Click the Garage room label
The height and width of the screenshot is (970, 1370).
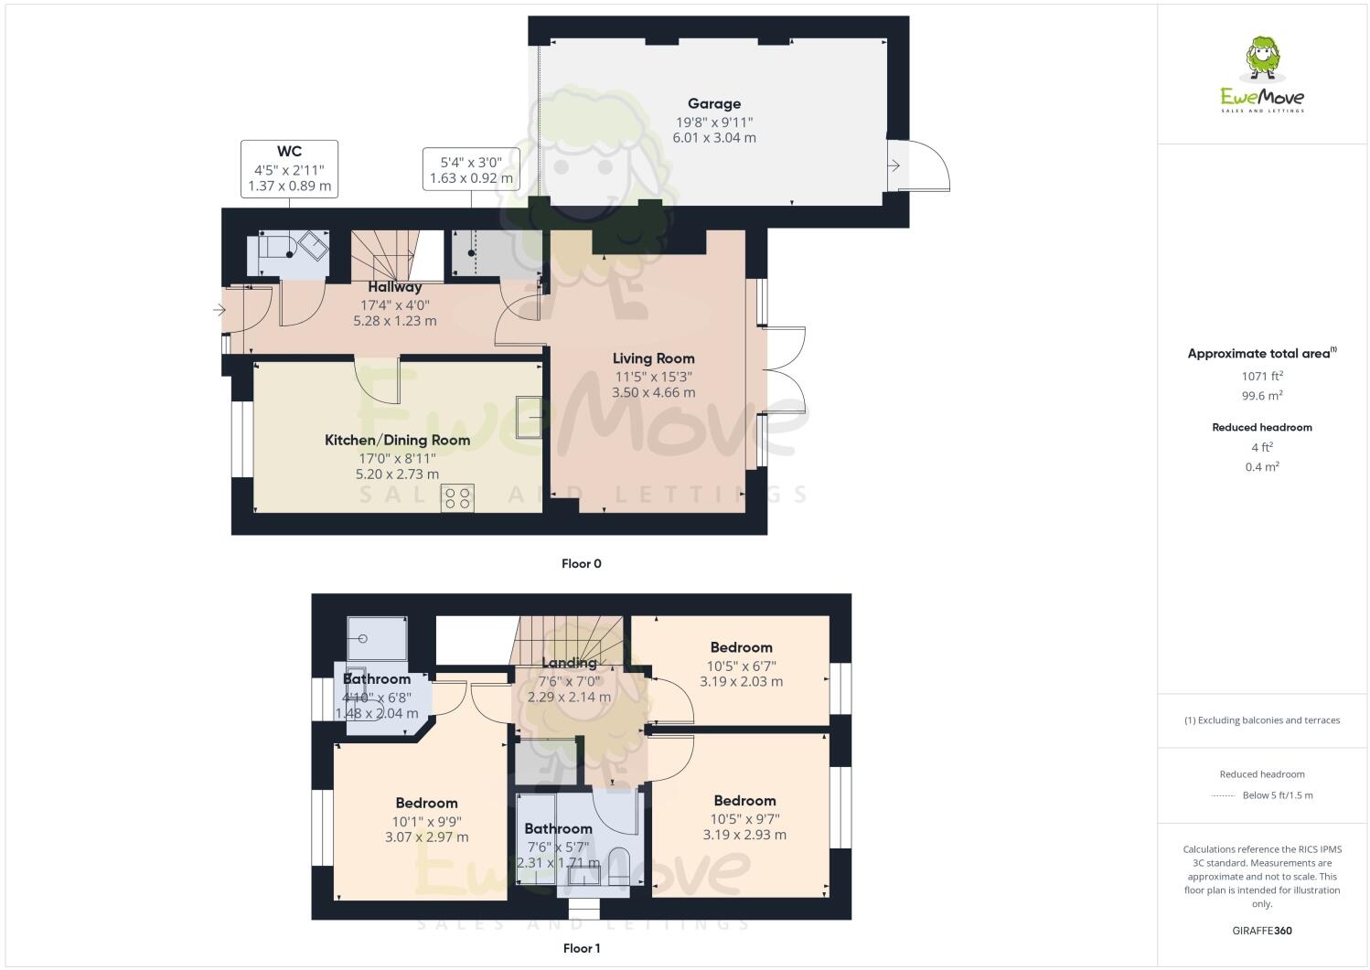pos(714,104)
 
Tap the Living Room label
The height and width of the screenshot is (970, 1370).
pos(653,358)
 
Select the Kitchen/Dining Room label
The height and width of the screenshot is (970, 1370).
pos(397,440)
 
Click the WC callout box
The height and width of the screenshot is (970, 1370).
pos(289,169)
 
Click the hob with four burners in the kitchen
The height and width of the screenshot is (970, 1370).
pos(457,498)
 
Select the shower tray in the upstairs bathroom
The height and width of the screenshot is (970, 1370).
pos(377,638)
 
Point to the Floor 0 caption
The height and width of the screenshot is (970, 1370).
pos(581,564)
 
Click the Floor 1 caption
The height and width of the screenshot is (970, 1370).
pos(581,949)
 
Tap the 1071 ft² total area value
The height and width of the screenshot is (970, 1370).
pos(1262,376)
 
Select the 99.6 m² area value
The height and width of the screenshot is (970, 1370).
pos(1262,396)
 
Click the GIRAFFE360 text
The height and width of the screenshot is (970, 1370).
pos(1262,932)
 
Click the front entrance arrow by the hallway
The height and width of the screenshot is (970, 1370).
pos(219,311)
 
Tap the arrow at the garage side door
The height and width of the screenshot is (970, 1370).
pos(894,165)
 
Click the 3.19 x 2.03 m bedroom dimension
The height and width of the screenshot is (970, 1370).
pos(741,682)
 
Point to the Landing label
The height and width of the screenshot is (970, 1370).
pos(569,663)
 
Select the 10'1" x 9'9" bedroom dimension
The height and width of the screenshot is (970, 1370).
pos(427,821)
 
